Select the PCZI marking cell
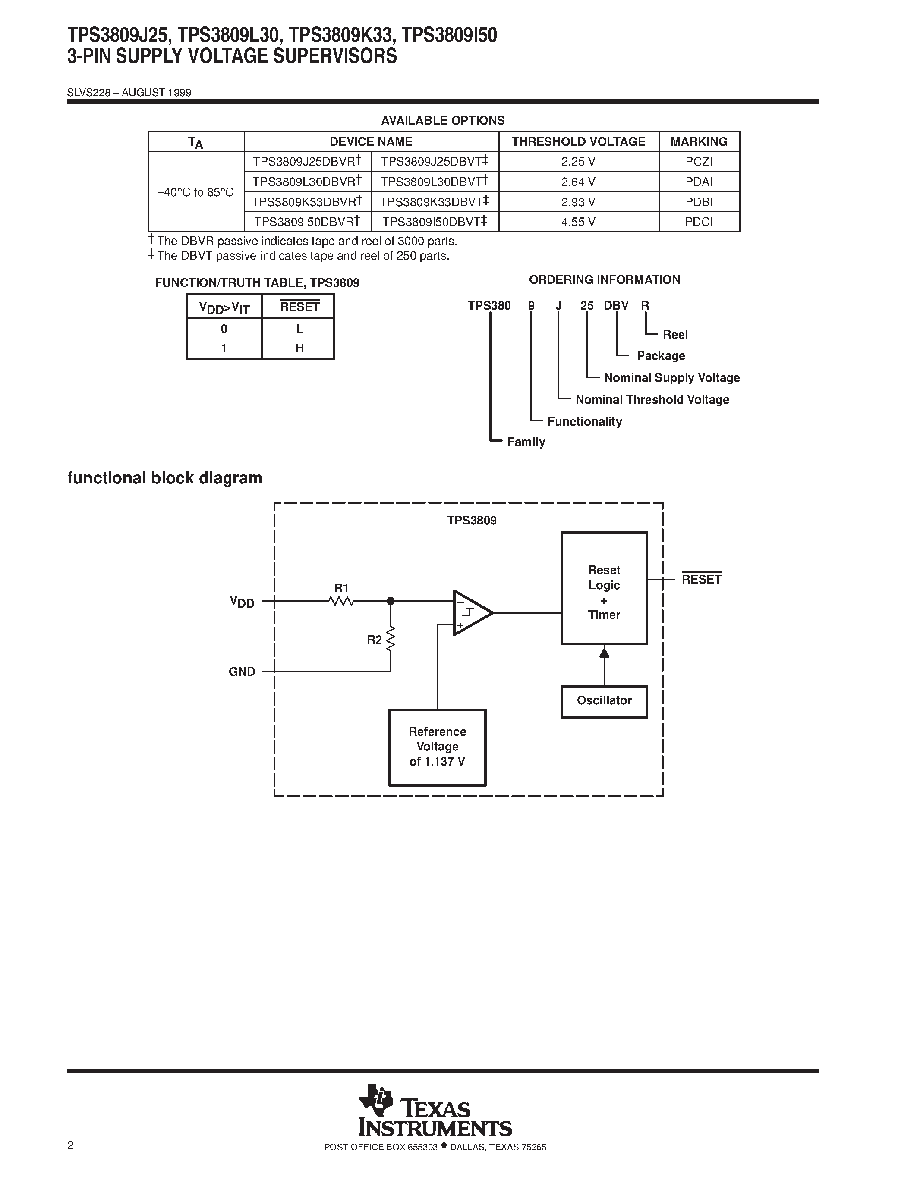pos(699,161)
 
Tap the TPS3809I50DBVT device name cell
pos(435,222)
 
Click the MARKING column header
pos(699,142)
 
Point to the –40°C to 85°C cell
pos(195,192)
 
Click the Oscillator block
pos(604,700)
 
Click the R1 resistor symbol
pos(341,601)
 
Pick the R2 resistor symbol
pos(390,639)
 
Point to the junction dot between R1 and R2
pos(390,601)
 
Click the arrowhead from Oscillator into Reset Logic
pos(604,652)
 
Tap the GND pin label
pos(242,672)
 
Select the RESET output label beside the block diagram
pos(701,580)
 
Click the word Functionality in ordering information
pos(585,421)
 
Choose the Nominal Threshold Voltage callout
pos(652,400)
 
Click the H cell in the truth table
pos(299,348)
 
